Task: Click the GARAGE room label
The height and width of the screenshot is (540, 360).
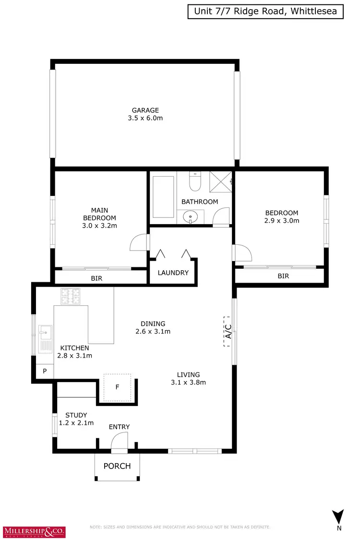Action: (x=145, y=110)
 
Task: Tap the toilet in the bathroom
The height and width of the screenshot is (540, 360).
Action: (x=195, y=181)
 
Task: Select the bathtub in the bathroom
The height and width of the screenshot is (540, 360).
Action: (x=164, y=197)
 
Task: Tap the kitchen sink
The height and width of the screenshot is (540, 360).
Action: (x=46, y=331)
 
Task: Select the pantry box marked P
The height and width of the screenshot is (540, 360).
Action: (x=45, y=371)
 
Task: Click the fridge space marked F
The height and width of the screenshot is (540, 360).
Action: (x=117, y=387)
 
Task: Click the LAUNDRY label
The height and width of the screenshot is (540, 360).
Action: (x=173, y=273)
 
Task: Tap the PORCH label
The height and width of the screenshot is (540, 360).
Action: (x=117, y=466)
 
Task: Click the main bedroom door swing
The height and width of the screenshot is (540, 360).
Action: (x=137, y=243)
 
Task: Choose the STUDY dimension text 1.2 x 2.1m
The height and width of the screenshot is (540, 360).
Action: (x=76, y=423)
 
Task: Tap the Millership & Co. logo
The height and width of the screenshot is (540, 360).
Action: (x=35, y=531)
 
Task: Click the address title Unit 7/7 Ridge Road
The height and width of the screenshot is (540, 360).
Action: (x=265, y=12)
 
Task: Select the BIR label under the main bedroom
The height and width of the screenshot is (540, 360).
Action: (x=96, y=278)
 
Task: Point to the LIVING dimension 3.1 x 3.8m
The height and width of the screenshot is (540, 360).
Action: (x=188, y=383)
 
